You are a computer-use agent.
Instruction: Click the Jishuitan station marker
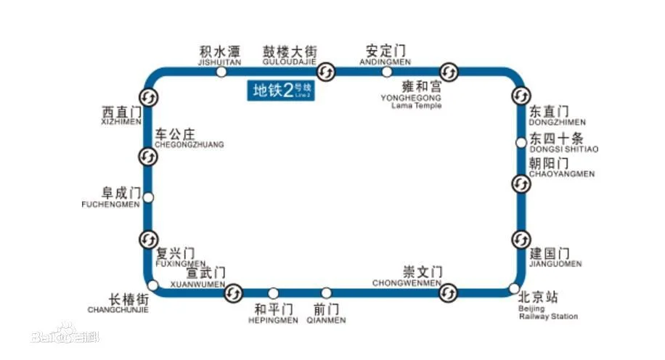(222, 71)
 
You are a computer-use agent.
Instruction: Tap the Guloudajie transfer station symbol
(327, 71)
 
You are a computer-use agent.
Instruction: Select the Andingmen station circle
(387, 71)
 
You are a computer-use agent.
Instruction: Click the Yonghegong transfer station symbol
(450, 71)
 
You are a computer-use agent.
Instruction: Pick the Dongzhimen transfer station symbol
(521, 96)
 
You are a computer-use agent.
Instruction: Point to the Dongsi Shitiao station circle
(521, 142)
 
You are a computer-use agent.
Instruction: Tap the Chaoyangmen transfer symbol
(521, 184)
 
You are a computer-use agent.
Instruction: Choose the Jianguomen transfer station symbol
(521, 240)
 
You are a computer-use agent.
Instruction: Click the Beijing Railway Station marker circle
(514, 288)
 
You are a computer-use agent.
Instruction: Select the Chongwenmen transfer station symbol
(449, 292)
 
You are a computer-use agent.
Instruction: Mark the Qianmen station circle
(327, 292)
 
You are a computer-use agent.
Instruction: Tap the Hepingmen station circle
(273, 292)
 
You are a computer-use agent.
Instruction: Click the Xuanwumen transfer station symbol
(233, 292)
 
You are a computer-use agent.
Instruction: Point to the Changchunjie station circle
(153, 285)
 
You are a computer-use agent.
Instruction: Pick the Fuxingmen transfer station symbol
(148, 239)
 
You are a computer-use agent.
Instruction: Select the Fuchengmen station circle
(148, 197)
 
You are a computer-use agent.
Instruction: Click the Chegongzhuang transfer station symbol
(148, 156)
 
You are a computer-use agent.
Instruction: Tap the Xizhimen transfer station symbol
(148, 97)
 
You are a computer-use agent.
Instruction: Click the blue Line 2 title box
(284, 90)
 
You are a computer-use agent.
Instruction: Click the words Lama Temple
(416, 106)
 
